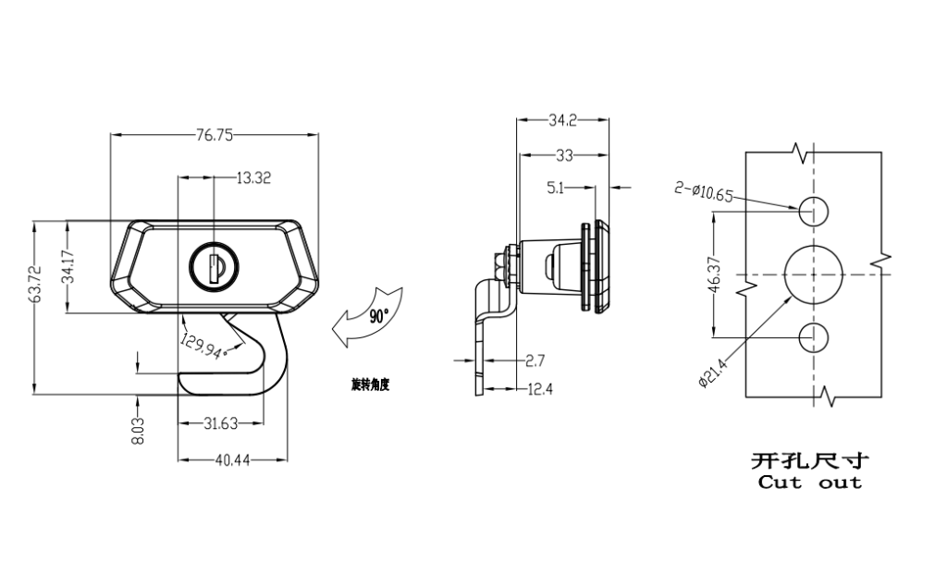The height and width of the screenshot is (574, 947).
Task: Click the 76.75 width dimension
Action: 214,135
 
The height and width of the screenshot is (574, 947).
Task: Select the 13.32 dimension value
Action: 253,178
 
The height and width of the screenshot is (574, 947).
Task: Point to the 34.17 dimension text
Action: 68,265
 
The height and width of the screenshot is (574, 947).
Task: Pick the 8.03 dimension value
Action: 139,431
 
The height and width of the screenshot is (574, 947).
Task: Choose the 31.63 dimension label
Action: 220,423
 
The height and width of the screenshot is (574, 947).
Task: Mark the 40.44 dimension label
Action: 232,460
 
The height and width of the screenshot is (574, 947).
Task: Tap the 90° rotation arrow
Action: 366,316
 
